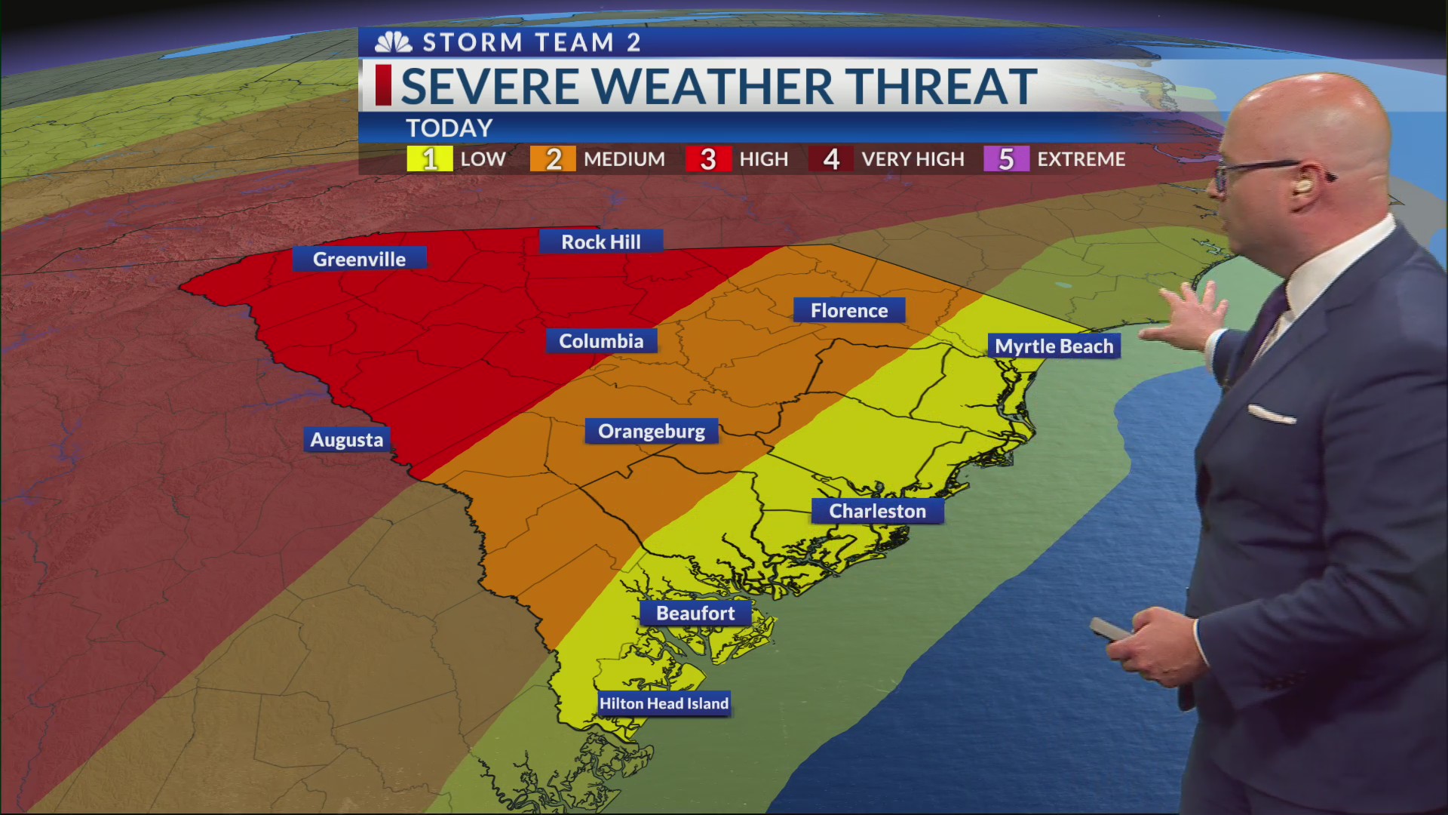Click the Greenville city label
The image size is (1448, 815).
[359, 259]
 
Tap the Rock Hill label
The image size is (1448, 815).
[601, 241]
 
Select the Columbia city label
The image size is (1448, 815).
[601, 341]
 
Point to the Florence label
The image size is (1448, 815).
[849, 310]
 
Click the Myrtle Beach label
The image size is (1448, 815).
[1054, 346]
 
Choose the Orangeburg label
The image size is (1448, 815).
[652, 431]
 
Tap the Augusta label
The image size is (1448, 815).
[347, 439]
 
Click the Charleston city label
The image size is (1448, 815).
[877, 511]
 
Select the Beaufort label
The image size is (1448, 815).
[695, 613]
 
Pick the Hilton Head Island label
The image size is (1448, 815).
[664, 703]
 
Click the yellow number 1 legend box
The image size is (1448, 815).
[429, 159]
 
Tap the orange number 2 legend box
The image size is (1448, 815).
[553, 159]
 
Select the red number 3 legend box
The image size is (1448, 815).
[707, 159]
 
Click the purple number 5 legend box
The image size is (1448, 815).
[1006, 159]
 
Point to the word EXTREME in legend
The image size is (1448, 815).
[1081, 159]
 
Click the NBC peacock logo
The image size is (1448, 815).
[393, 42]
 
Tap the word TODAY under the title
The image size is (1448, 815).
[449, 128]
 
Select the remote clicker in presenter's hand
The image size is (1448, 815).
[1109, 629]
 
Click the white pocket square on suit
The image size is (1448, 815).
[1272, 414]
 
